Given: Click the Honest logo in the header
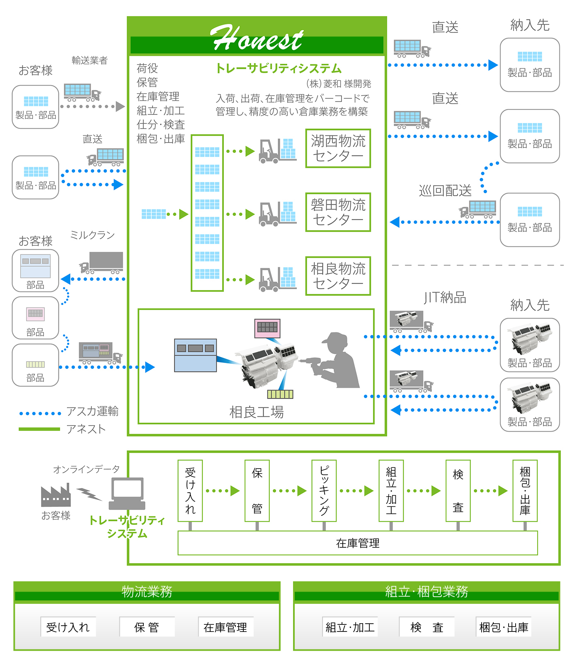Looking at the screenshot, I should [x=257, y=39].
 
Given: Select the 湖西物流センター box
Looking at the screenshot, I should [x=338, y=148].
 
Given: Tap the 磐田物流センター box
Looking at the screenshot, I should [x=338, y=212].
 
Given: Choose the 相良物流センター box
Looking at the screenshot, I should [x=338, y=276].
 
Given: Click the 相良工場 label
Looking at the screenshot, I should [x=257, y=412].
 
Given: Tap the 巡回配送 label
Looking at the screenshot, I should [x=445, y=191].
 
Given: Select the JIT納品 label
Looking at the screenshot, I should [x=445, y=298].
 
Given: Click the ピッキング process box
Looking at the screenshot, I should [x=324, y=491].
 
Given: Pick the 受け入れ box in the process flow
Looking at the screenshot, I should [x=190, y=491].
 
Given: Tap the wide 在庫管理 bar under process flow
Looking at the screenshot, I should [x=357, y=543].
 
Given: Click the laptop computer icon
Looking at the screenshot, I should [x=127, y=494].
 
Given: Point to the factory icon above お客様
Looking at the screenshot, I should [x=56, y=496].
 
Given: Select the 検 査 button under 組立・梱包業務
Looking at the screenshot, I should [x=427, y=627].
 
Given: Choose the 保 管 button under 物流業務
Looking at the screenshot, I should [x=147, y=627].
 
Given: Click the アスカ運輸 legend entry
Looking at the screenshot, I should [x=92, y=411].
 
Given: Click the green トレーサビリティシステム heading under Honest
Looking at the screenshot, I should [x=279, y=68].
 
